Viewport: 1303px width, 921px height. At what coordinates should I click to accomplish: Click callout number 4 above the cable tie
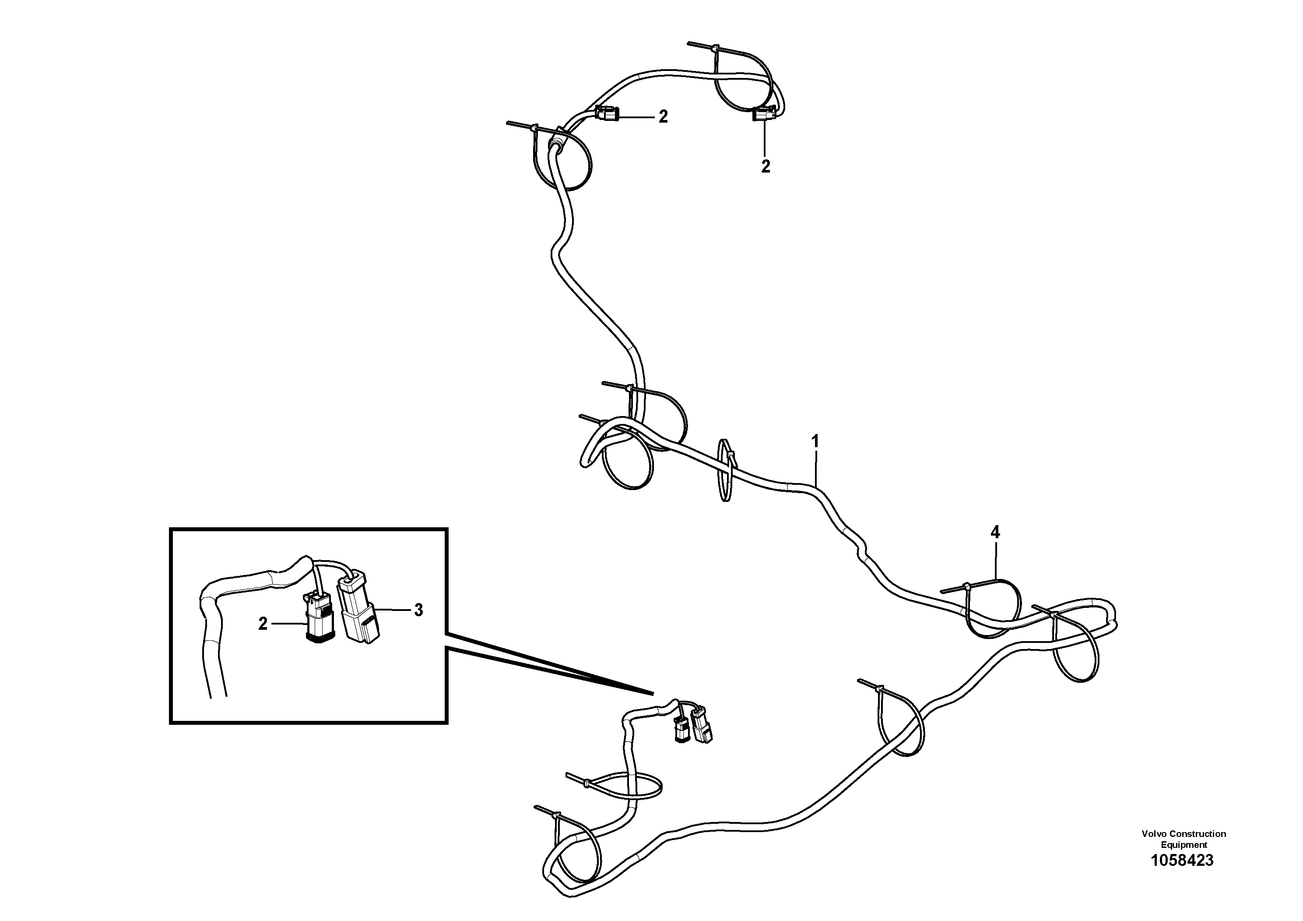[994, 532]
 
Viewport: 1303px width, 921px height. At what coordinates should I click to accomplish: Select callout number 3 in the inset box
[418, 610]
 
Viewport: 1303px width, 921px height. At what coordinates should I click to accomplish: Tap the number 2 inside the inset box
[263, 624]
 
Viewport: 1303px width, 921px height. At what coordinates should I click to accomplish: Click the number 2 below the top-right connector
[766, 166]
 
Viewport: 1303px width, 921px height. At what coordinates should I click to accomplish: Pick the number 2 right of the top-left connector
[663, 117]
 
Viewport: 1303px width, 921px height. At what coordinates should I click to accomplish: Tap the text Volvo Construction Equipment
[1184, 838]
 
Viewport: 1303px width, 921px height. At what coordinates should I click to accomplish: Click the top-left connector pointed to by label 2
[607, 115]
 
